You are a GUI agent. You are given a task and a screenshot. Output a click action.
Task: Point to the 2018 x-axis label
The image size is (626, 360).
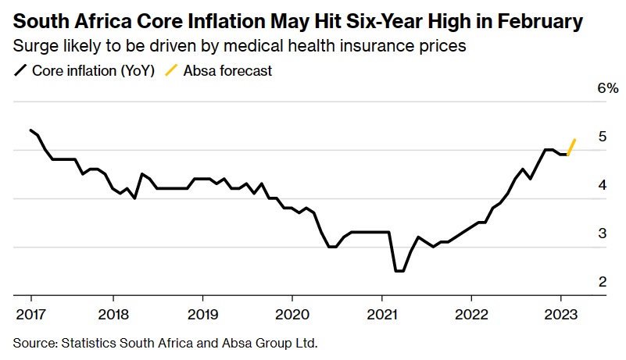click(113, 317)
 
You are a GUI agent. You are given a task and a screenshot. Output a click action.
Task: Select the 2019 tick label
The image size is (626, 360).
click(202, 317)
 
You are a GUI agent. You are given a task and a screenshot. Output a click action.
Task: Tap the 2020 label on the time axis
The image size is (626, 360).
click(292, 317)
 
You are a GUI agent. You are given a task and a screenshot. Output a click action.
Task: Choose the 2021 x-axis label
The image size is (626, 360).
click(381, 317)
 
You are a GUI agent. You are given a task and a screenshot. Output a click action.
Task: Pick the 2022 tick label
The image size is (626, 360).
click(471, 317)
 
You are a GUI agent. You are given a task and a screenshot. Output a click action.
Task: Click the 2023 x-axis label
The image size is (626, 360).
click(560, 317)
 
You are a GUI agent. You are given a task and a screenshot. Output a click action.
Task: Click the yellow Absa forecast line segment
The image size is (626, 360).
click(571, 147)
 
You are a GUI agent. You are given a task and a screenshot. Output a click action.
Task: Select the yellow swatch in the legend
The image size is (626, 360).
click(171, 71)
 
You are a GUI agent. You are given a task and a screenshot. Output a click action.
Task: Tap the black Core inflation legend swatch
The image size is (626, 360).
click(20, 71)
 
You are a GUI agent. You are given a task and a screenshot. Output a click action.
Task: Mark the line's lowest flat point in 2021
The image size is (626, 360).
click(399, 271)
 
